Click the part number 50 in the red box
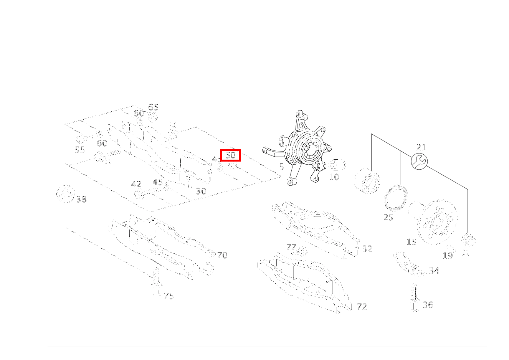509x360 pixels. [230, 155]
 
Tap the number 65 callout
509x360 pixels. [153, 107]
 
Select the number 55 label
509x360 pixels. [80, 150]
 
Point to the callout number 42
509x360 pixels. [136, 185]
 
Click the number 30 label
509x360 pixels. [201, 191]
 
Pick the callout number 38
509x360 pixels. [81, 200]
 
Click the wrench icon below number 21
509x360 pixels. [419, 161]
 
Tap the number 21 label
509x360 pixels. [421, 147]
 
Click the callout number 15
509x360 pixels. [411, 242]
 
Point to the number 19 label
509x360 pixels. [448, 256]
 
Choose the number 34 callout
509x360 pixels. [434, 271]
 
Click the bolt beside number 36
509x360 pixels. [415, 297]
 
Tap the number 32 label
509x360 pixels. [367, 249]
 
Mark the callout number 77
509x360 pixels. [291, 247]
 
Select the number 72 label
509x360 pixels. [362, 307]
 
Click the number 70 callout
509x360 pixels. [222, 255]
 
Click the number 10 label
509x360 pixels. [334, 177]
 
